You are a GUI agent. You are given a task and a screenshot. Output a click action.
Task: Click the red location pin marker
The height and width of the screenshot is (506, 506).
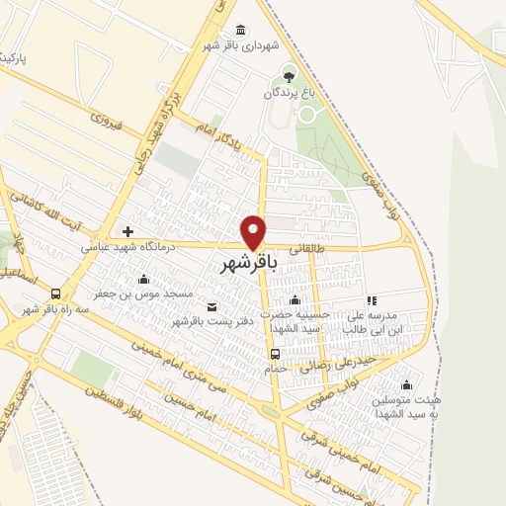click(254, 232)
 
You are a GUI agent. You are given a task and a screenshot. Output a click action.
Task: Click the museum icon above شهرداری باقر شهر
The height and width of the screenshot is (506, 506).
click(242, 30)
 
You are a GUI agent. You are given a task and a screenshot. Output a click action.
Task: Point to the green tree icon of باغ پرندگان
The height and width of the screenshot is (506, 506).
click(289, 74)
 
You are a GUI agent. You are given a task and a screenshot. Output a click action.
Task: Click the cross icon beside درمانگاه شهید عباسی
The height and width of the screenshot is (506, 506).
click(128, 231)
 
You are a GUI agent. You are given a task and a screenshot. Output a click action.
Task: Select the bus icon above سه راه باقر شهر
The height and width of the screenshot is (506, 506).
click(55, 294)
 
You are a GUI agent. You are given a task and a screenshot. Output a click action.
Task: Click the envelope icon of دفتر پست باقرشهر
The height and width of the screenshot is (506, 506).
click(211, 305)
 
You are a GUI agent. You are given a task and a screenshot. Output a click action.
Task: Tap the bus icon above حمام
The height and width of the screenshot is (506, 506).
click(276, 354)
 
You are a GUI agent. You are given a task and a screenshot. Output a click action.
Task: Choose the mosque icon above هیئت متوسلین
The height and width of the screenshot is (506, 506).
click(405, 384)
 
